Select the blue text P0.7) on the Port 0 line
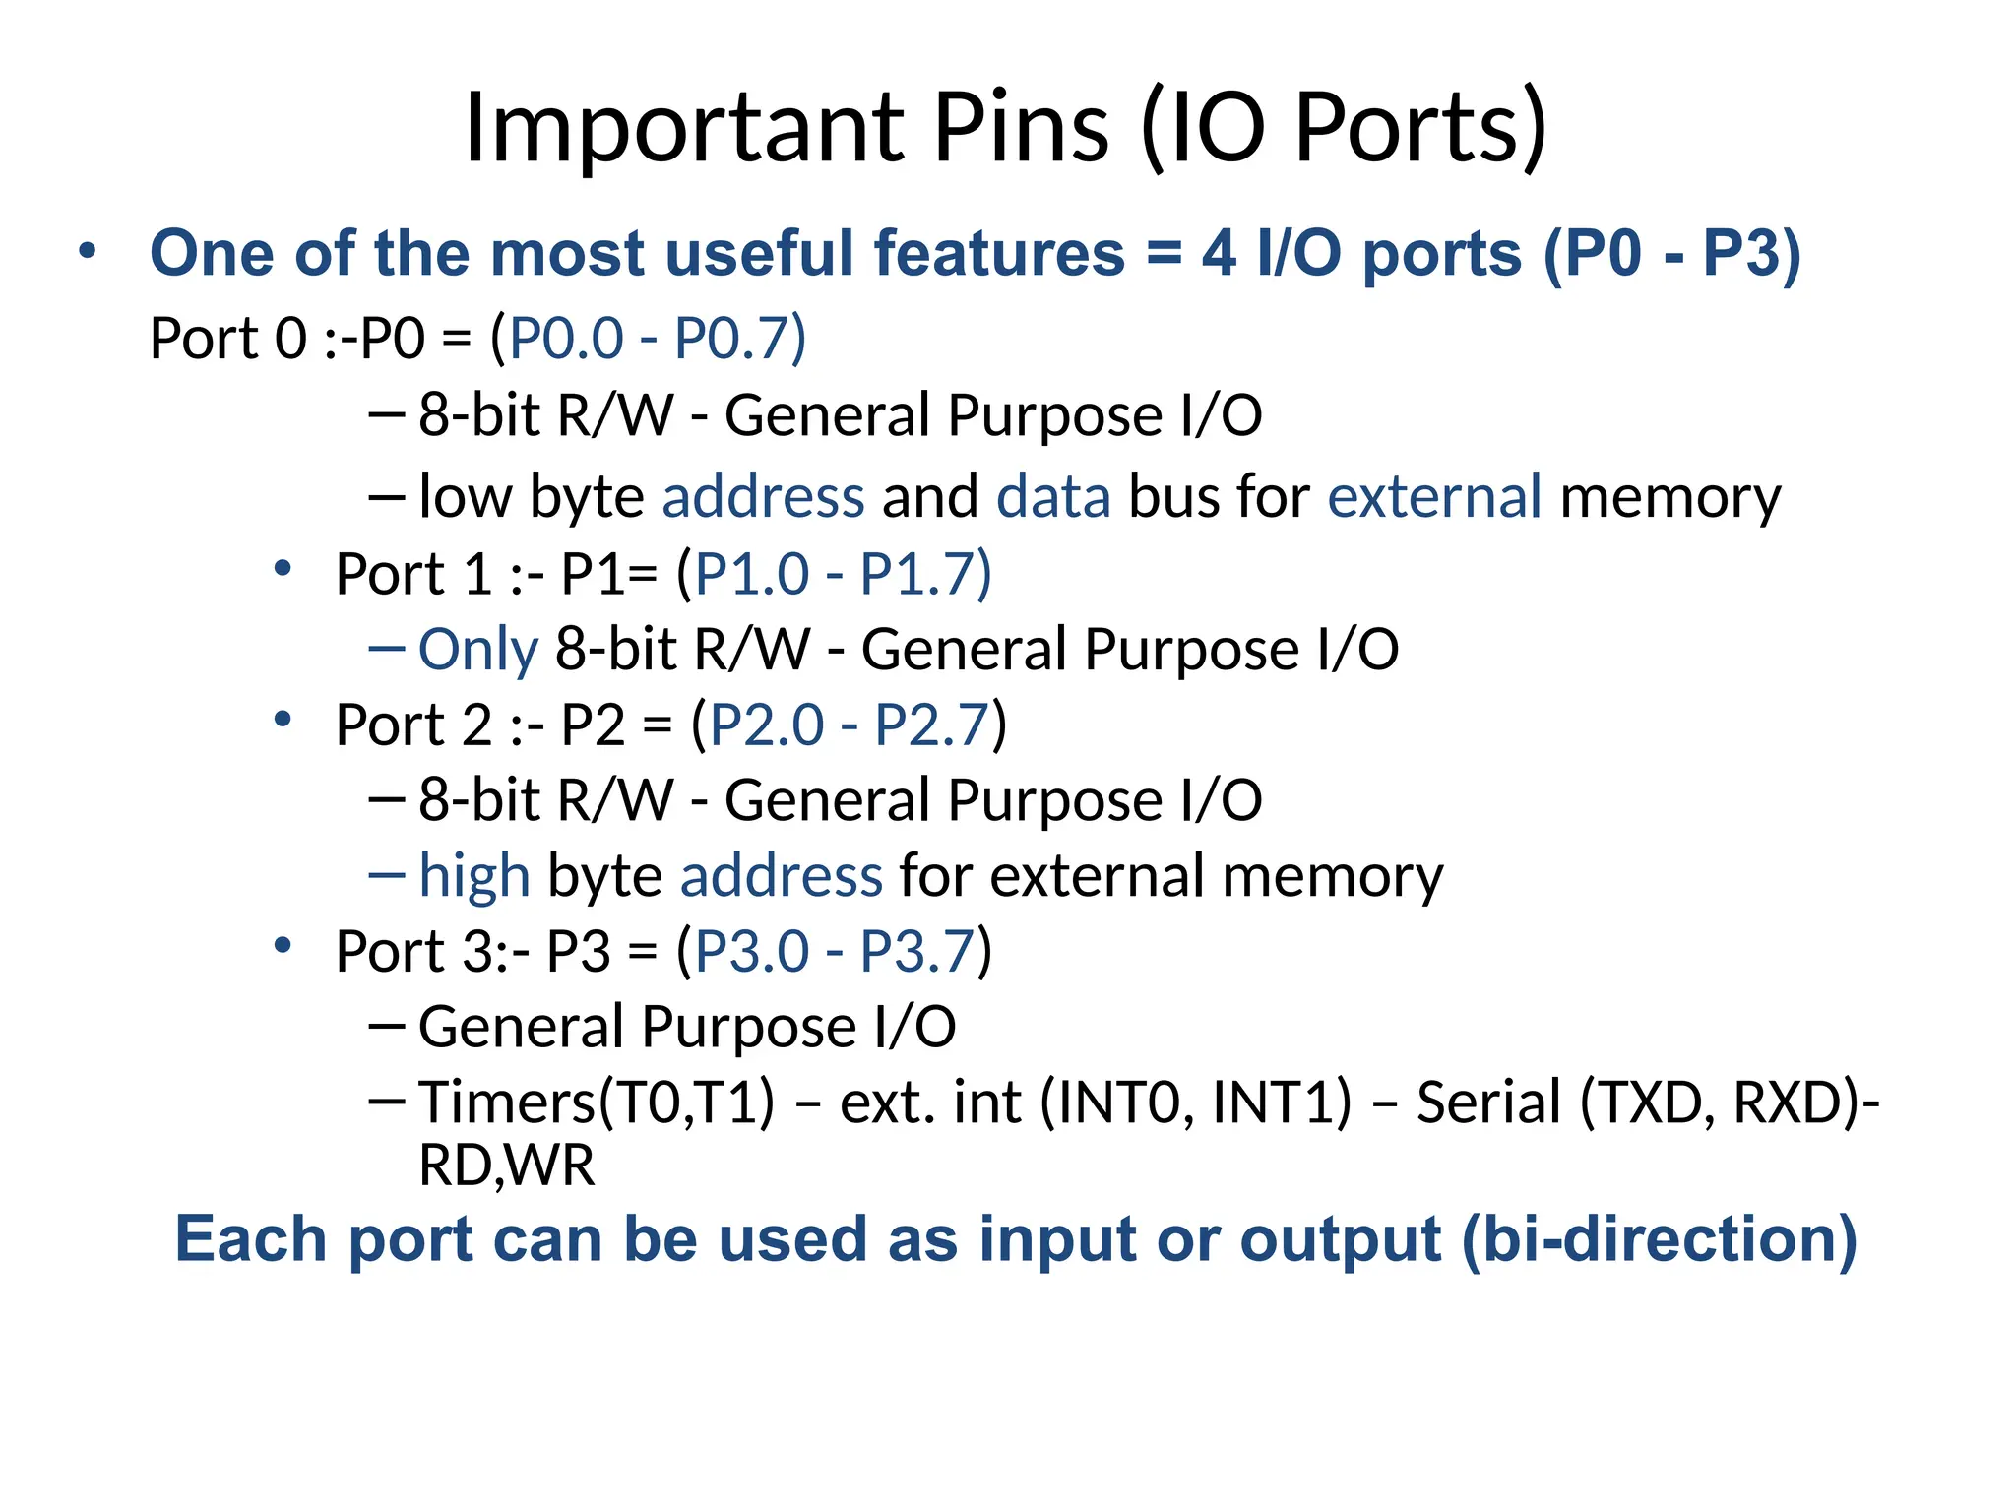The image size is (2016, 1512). (739, 339)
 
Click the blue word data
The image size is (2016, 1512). (1053, 496)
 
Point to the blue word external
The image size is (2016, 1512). (1434, 496)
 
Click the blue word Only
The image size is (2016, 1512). (478, 650)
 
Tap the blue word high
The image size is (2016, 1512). (473, 875)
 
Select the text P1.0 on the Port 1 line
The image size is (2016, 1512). (752, 574)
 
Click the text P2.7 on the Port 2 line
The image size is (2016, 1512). (930, 725)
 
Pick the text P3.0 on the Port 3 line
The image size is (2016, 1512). (752, 952)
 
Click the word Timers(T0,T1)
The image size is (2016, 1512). (597, 1102)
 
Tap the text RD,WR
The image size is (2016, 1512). (507, 1166)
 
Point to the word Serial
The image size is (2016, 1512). (1488, 1102)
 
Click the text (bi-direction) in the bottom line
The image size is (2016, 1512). (1660, 1239)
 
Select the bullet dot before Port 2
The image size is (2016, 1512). (283, 720)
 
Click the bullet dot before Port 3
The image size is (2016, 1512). (283, 946)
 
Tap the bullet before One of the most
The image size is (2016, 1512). (88, 250)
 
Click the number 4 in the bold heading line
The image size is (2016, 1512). (1219, 254)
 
